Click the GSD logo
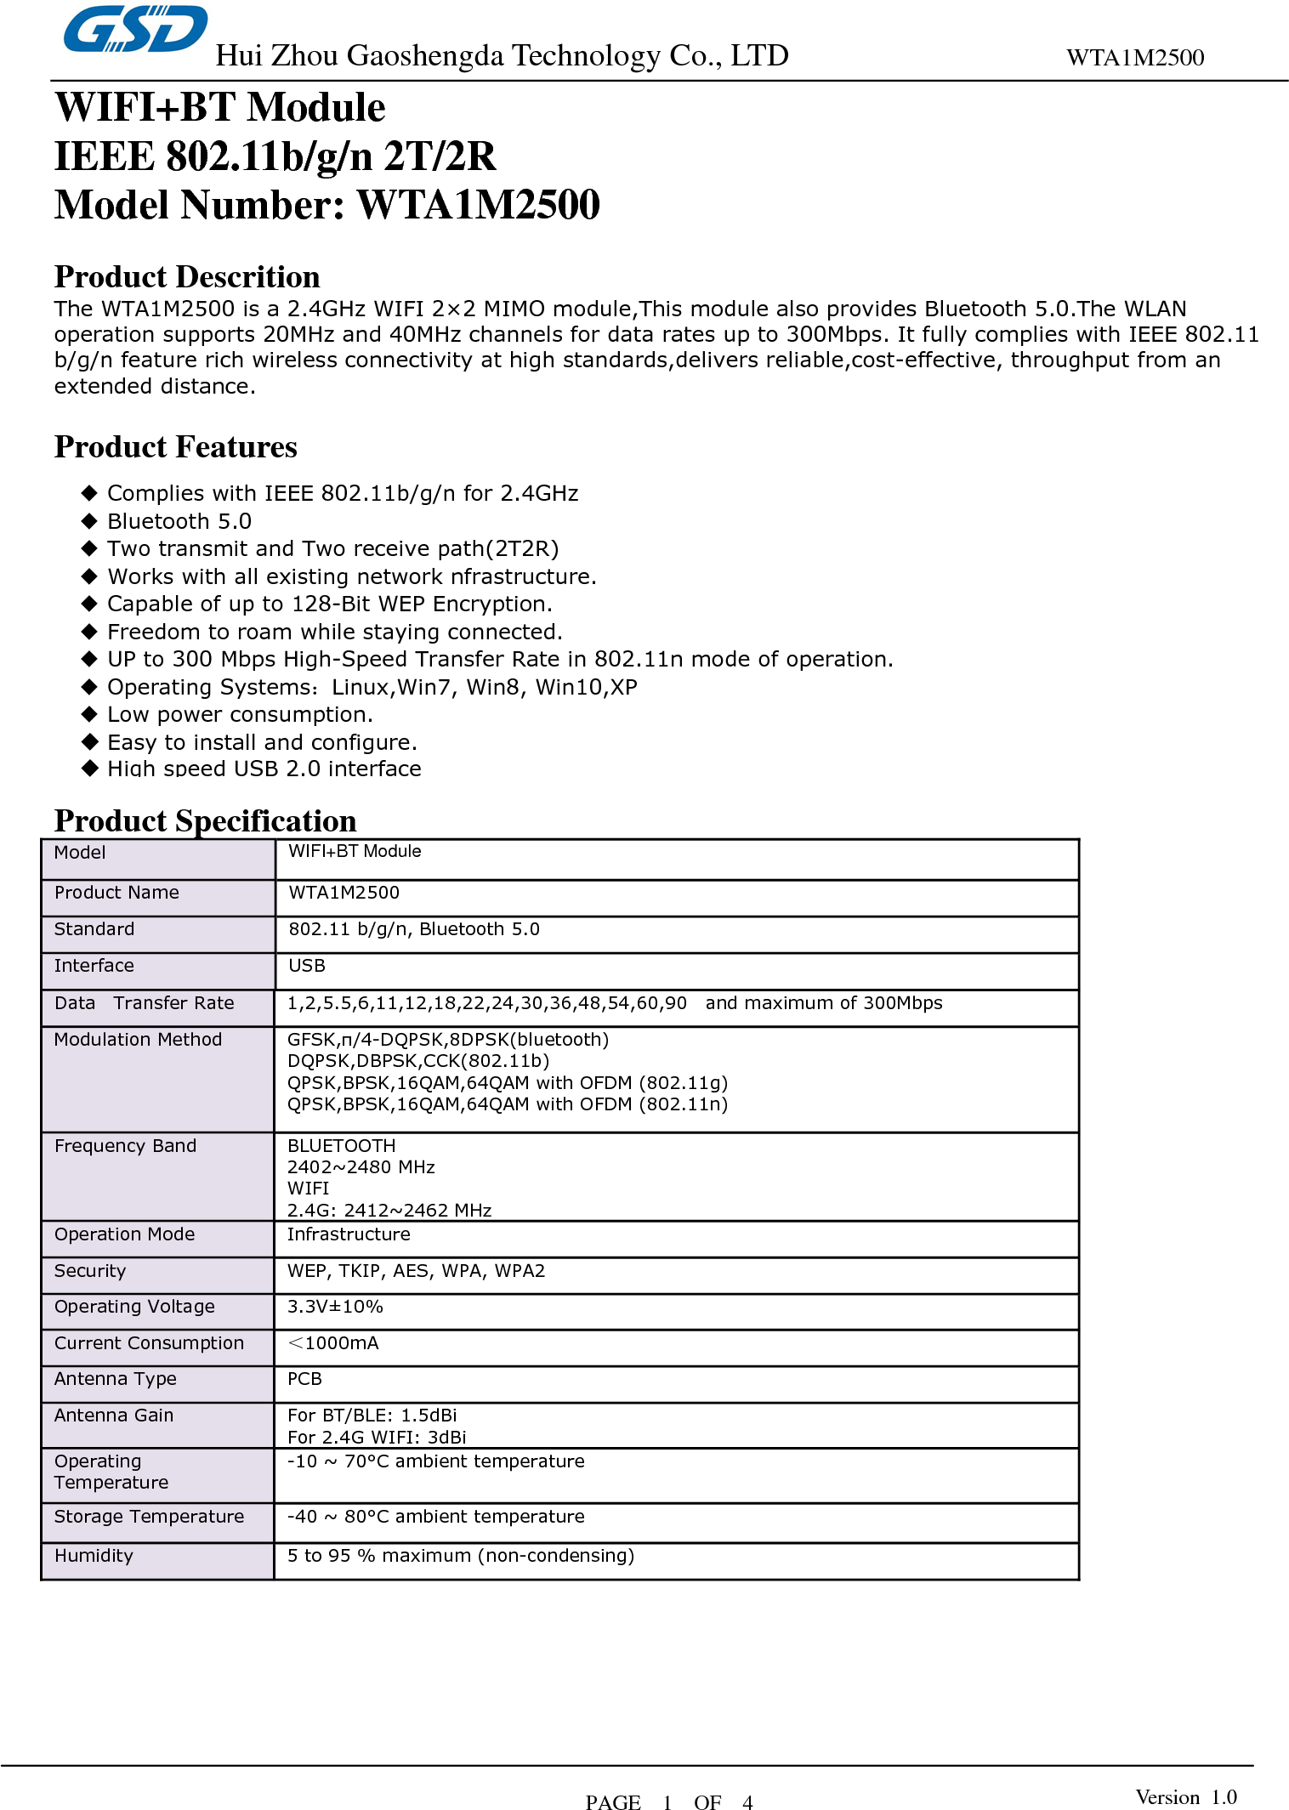pyautogui.click(x=135, y=30)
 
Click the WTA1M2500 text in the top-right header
pyautogui.click(x=1134, y=58)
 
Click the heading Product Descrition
pyautogui.click(x=187, y=277)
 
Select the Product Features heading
pyautogui.click(x=175, y=447)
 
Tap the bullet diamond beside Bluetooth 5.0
pyautogui.click(x=89, y=521)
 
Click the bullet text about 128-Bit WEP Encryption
pyautogui.click(x=329, y=604)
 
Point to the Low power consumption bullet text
pyautogui.click(x=240, y=714)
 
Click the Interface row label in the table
pyautogui.click(x=94, y=966)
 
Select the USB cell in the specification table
pyautogui.click(x=307, y=966)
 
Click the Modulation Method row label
pyautogui.click(x=138, y=1040)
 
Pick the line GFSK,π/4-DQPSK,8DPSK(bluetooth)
pyautogui.click(x=447, y=1040)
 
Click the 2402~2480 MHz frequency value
pyautogui.click(x=361, y=1167)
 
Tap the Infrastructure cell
pyautogui.click(x=349, y=1234)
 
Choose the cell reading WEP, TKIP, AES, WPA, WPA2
pyautogui.click(x=416, y=1271)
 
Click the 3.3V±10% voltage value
pyautogui.click(x=335, y=1307)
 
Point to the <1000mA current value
pyautogui.click(x=333, y=1343)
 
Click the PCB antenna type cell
pyautogui.click(x=304, y=1379)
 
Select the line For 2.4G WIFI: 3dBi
pyautogui.click(x=377, y=1438)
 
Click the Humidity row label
pyautogui.click(x=94, y=1556)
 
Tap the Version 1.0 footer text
pyautogui.click(x=1185, y=1797)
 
